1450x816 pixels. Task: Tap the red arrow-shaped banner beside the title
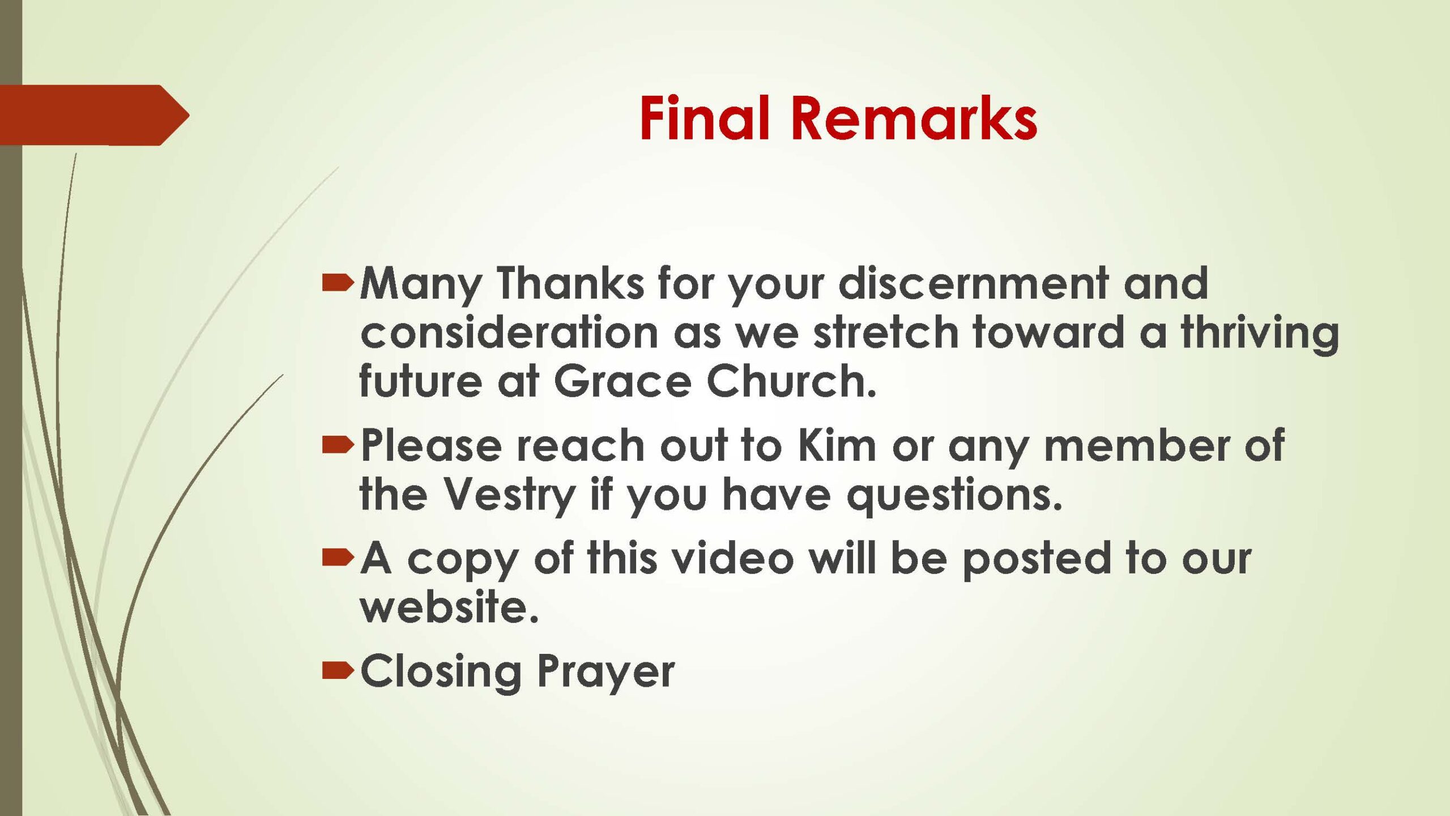pyautogui.click(x=95, y=115)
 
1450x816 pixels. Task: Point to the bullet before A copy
pyautogui.click(x=338, y=558)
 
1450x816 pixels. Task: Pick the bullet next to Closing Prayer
pyautogui.click(x=338, y=670)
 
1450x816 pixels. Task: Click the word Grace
pyautogui.click(x=622, y=381)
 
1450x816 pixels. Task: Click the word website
pyautogui.click(x=449, y=606)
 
